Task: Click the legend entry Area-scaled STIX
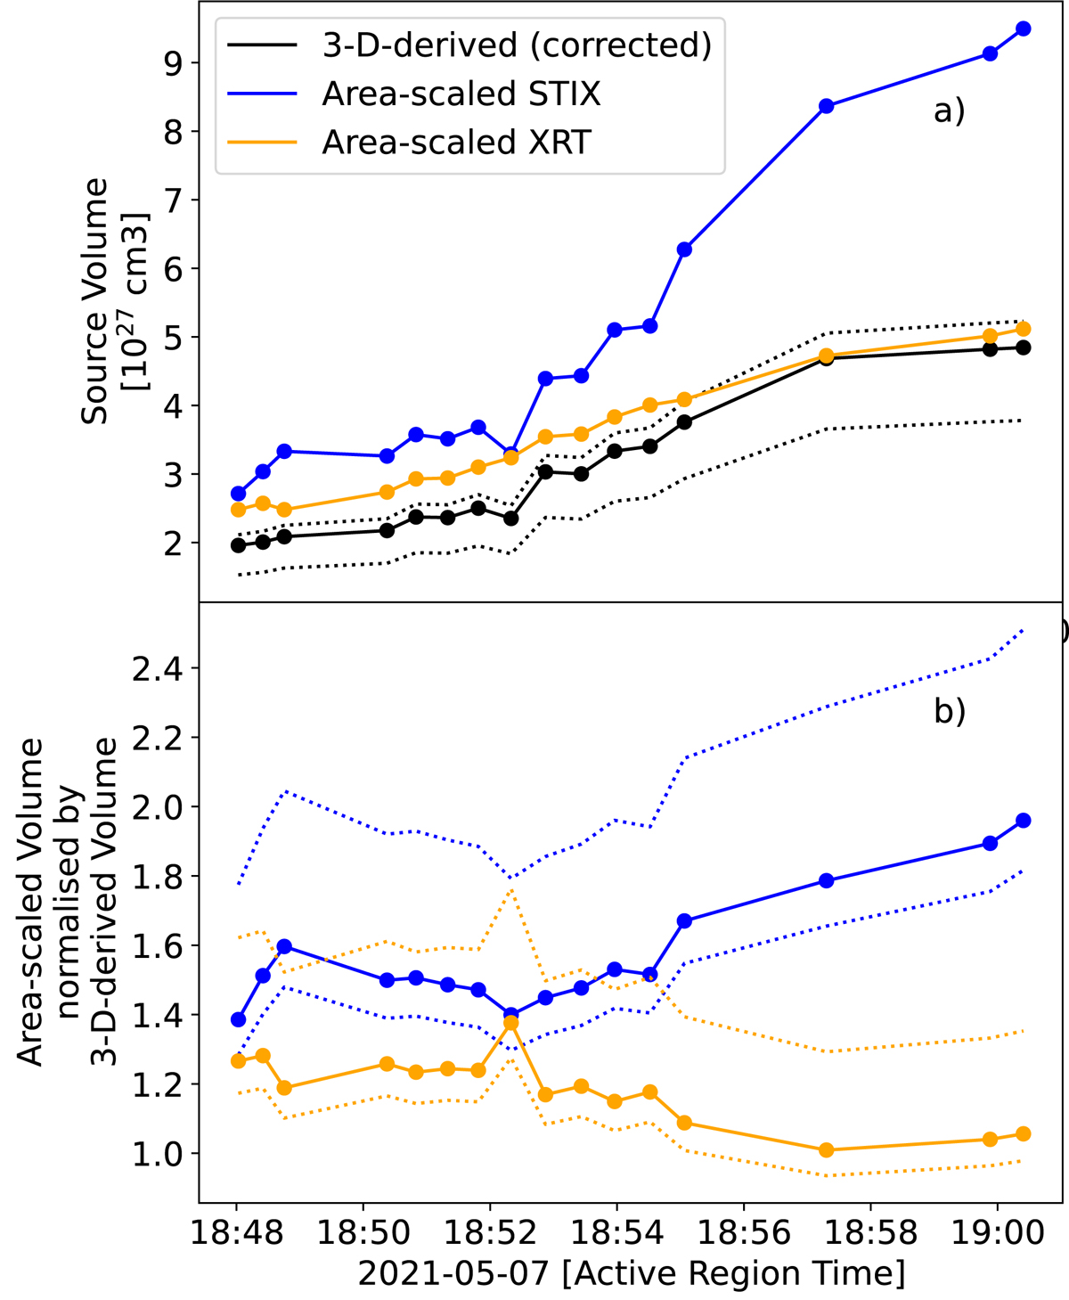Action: pyautogui.click(x=461, y=94)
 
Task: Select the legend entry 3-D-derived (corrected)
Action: pyautogui.click(x=517, y=45)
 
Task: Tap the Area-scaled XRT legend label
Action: pyautogui.click(x=456, y=143)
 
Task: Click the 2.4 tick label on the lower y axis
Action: pyautogui.click(x=158, y=669)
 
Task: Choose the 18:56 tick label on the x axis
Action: pyautogui.click(x=743, y=1234)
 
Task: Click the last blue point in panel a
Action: pyautogui.click(x=1023, y=29)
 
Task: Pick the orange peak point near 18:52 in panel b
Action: pyautogui.click(x=511, y=1024)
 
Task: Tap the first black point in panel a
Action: pyautogui.click(x=238, y=545)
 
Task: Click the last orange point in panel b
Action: pyautogui.click(x=1023, y=1134)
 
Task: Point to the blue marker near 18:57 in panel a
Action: pyautogui.click(x=826, y=106)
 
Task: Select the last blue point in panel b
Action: pyautogui.click(x=1023, y=821)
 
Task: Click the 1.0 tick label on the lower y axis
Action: pyautogui.click(x=158, y=1154)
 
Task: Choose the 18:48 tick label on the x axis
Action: pyautogui.click(x=236, y=1234)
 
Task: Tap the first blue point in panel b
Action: pyautogui.click(x=238, y=1019)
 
